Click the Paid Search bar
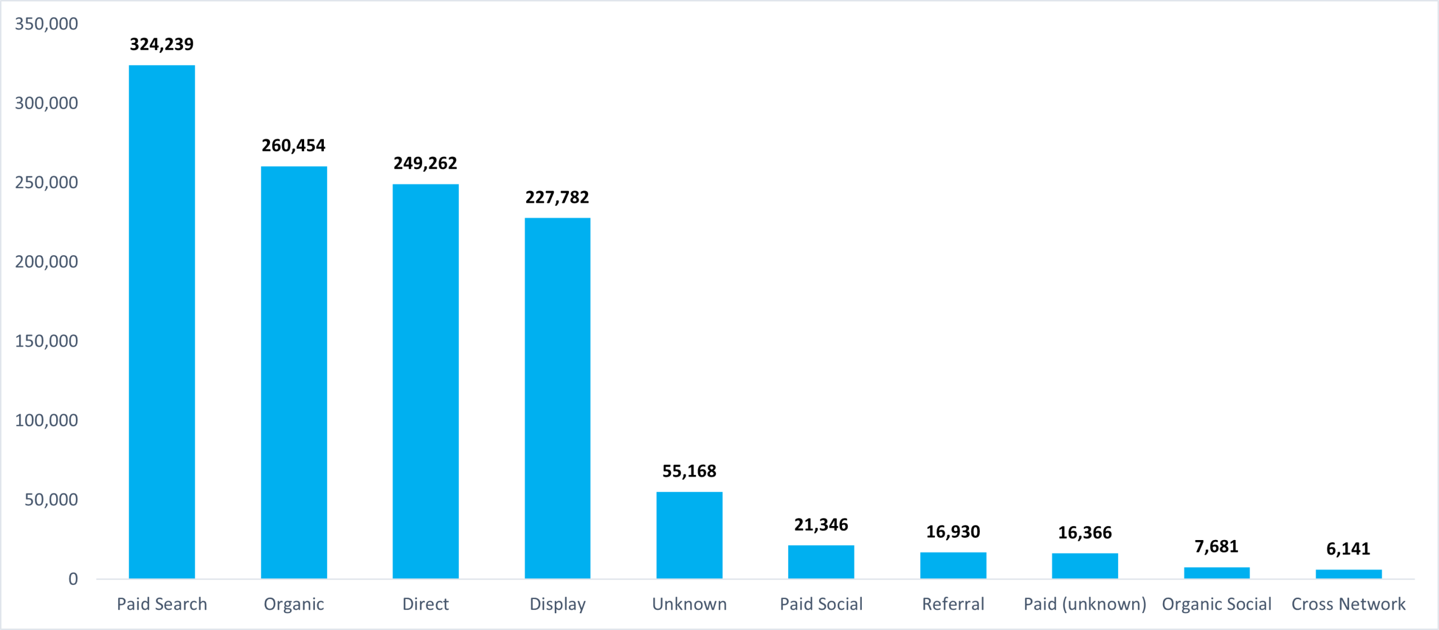[162, 321]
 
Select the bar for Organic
[293, 372]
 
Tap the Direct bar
[426, 381]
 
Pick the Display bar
[557, 398]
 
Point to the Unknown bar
[689, 535]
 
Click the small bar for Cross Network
[1349, 574]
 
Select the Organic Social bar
[1217, 573]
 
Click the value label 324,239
[162, 44]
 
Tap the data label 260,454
[293, 146]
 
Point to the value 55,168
[689, 471]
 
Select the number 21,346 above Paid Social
[821, 525]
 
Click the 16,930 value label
[953, 532]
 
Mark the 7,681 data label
[1216, 546]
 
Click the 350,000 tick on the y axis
[46, 24]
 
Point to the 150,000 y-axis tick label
[46, 341]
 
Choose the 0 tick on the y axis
[73, 579]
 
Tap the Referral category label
[953, 604]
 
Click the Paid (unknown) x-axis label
[1085, 604]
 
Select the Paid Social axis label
[821, 604]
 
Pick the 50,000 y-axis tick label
[51, 500]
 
